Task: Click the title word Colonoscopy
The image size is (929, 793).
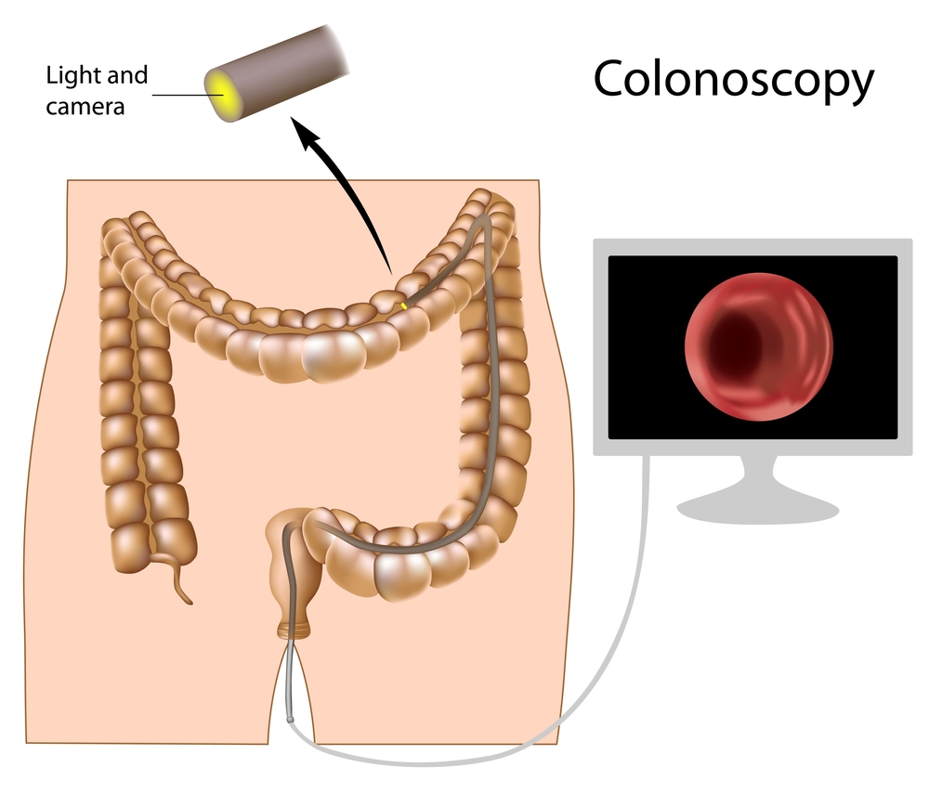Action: (x=734, y=81)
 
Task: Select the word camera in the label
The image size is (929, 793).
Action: (x=85, y=107)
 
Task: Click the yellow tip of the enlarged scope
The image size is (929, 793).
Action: (x=222, y=94)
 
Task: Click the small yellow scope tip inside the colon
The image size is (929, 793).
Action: (x=403, y=305)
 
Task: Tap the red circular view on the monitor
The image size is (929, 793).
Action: (x=759, y=347)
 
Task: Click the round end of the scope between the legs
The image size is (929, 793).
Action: (x=290, y=721)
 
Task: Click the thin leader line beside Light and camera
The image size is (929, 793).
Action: (x=189, y=95)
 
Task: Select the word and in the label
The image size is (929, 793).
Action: (x=127, y=76)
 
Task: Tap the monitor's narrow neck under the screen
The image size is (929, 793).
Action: (x=758, y=473)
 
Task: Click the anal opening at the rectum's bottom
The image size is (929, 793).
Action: (x=294, y=632)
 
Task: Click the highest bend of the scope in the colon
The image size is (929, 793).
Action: (x=485, y=217)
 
